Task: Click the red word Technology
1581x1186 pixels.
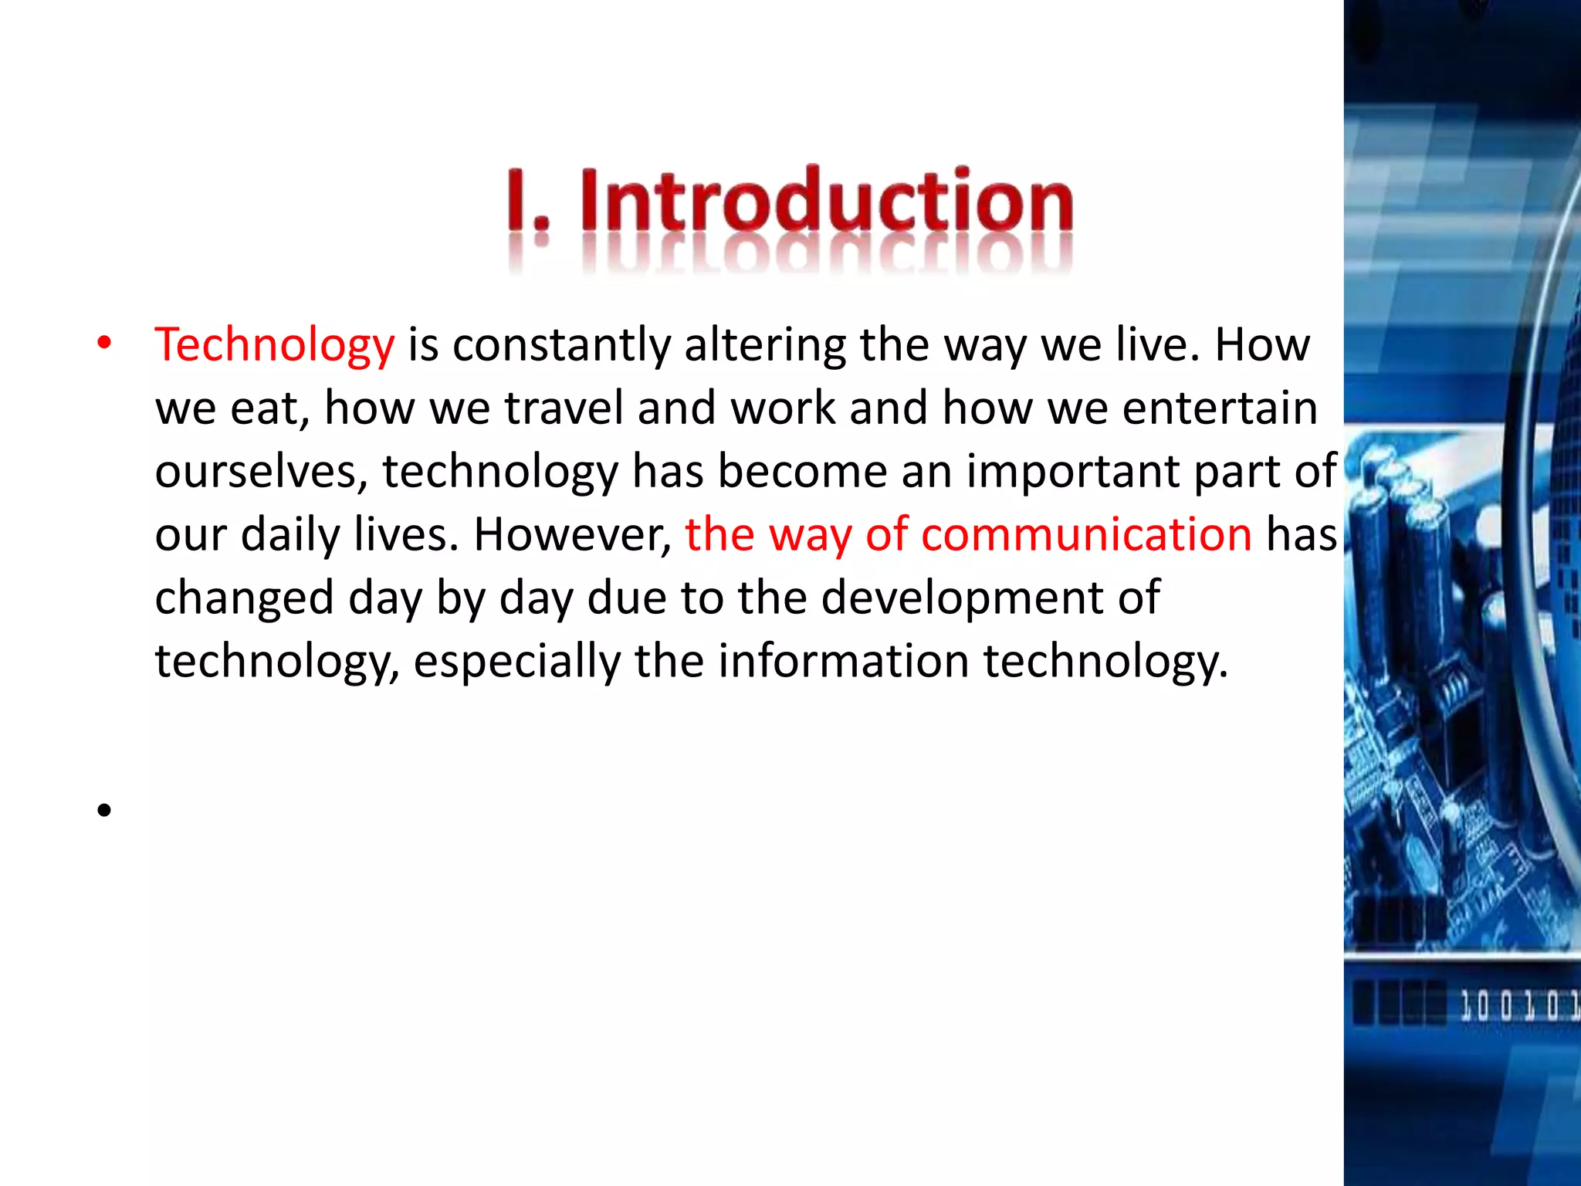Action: click(274, 345)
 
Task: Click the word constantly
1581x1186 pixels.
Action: click(561, 345)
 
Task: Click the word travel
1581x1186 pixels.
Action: click(564, 408)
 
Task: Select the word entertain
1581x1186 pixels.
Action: click(1220, 408)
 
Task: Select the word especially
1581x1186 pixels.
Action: click(517, 662)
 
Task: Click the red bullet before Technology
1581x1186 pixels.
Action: click(104, 344)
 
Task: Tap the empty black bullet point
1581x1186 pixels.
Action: click(104, 810)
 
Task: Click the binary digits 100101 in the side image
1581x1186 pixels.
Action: click(1517, 1006)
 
